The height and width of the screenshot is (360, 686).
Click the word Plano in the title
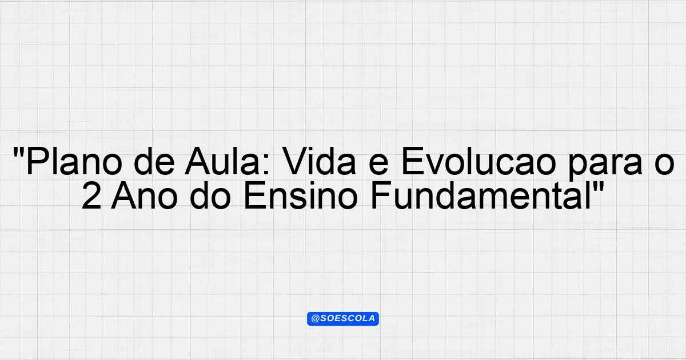(74, 161)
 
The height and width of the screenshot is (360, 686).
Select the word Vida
(318, 161)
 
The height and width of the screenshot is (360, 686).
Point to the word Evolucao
(478, 161)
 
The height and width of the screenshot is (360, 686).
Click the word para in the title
(605, 164)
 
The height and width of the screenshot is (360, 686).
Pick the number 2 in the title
(91, 196)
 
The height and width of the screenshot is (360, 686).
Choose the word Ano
(144, 195)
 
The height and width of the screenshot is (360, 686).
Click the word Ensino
(301, 195)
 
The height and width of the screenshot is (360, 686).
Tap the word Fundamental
(481, 195)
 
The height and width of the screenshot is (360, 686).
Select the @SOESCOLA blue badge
(343, 319)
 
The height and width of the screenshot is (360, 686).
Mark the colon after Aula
(266, 165)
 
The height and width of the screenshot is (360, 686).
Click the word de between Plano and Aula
(154, 161)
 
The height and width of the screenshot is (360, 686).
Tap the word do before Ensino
(210, 195)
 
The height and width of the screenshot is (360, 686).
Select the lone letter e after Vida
(378, 165)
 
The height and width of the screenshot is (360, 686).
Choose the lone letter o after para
(664, 165)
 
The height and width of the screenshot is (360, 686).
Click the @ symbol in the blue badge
(316, 319)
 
